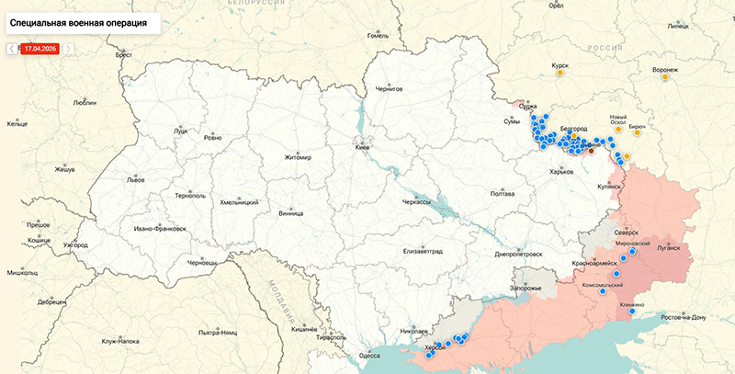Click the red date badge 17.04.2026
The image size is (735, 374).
click(x=40, y=48)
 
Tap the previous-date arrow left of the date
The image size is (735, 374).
click(x=12, y=48)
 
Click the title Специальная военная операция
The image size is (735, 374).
click(x=78, y=19)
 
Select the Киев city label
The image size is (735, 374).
click(x=365, y=147)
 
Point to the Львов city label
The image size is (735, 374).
click(x=135, y=179)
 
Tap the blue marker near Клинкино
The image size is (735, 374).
click(x=631, y=312)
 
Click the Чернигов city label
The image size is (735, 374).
click(x=390, y=90)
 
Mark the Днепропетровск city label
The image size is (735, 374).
click(x=518, y=254)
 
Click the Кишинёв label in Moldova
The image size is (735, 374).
click(x=304, y=329)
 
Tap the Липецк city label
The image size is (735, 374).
click(x=678, y=27)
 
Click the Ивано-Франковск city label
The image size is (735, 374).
click(x=160, y=228)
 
